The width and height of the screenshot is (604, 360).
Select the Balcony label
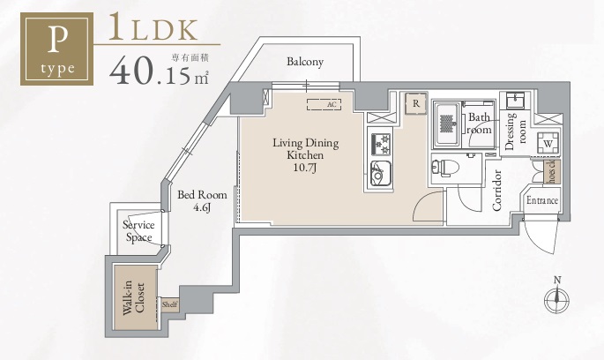coord(305,62)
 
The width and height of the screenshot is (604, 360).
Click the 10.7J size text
coord(305,167)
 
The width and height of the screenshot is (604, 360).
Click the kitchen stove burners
coord(380,142)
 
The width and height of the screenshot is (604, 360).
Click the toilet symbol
coord(445,166)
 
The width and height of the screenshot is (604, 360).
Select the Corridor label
coord(496,191)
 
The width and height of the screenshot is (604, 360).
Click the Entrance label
coord(542,200)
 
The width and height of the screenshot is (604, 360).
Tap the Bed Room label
coord(202,200)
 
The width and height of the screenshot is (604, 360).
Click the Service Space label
coord(138,231)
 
